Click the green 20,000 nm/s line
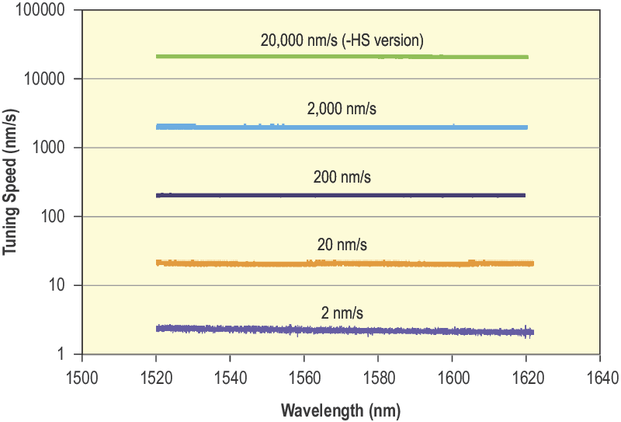342,57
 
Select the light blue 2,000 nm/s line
342,127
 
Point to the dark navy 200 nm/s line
342,195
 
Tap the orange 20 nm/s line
342,263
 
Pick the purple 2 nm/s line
342,330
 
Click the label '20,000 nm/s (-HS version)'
342,40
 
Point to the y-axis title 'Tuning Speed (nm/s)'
12,183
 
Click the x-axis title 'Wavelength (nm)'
341,410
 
